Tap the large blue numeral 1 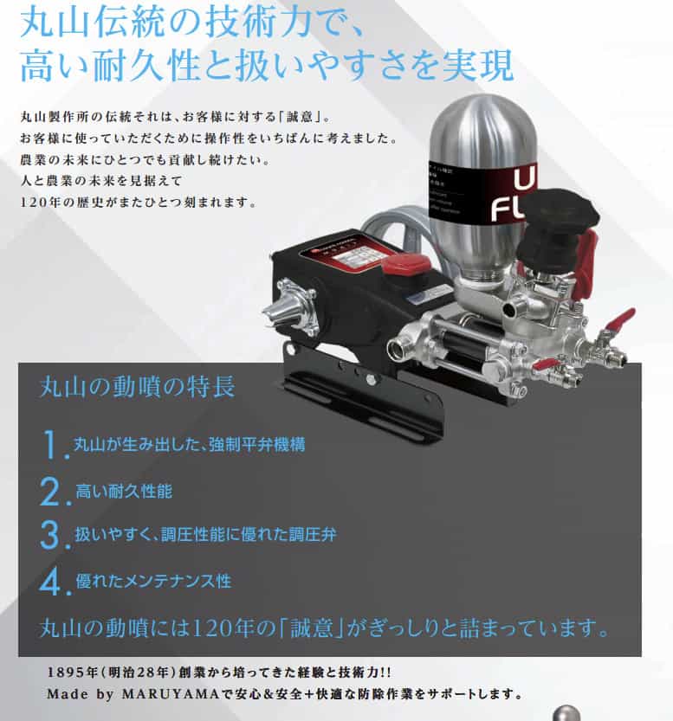pos(53,445)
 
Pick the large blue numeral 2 pos(52,491)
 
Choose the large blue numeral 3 pos(52,534)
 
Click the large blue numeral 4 pos(52,580)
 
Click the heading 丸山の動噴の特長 pos(137,386)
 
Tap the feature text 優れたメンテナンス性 pos(153,580)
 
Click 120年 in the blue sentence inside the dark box pos(233,626)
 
